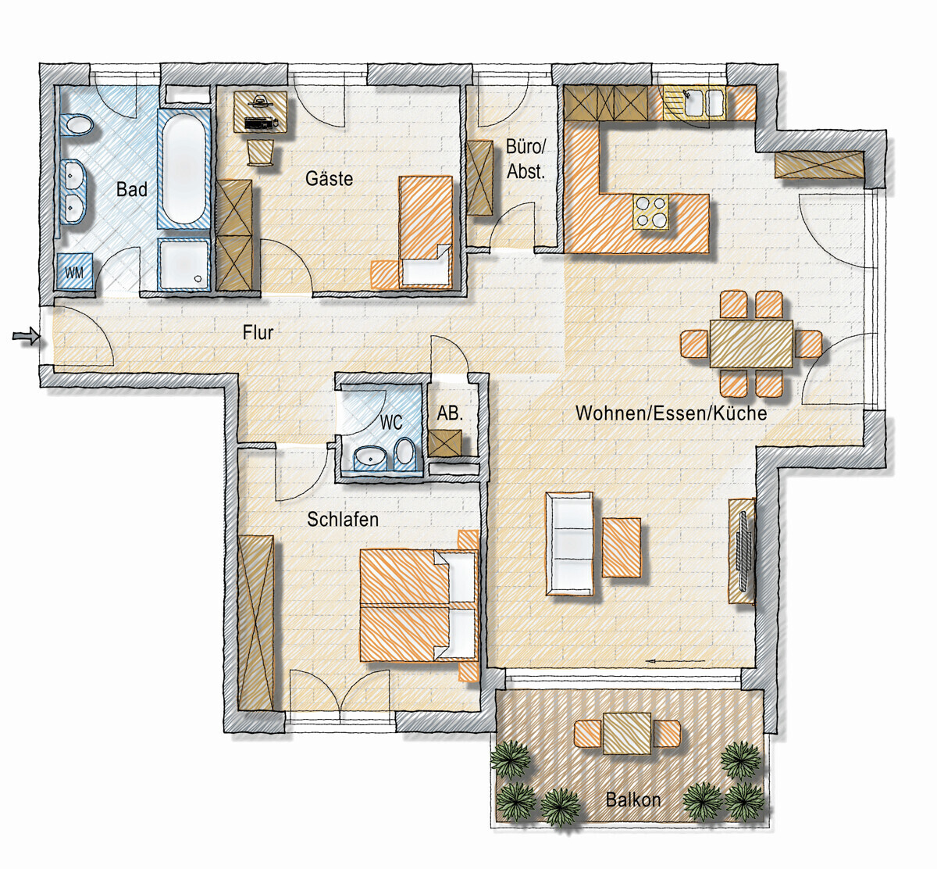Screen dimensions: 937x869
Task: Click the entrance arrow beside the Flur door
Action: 26,336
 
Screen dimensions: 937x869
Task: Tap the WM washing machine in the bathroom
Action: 75,270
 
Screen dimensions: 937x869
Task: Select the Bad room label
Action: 132,190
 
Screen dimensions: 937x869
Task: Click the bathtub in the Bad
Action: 184,168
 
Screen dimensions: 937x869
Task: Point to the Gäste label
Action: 329,178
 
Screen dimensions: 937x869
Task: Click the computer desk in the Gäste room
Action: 261,112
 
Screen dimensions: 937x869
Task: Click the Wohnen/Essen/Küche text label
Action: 671,413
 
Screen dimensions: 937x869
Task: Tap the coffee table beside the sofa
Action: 622,547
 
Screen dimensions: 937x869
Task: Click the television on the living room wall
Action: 744,550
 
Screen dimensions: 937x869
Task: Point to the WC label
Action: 391,423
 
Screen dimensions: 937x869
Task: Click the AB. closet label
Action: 450,413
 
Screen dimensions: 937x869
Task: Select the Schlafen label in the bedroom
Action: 343,520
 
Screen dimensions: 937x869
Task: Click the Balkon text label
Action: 633,800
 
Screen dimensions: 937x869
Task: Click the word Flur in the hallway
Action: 258,332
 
